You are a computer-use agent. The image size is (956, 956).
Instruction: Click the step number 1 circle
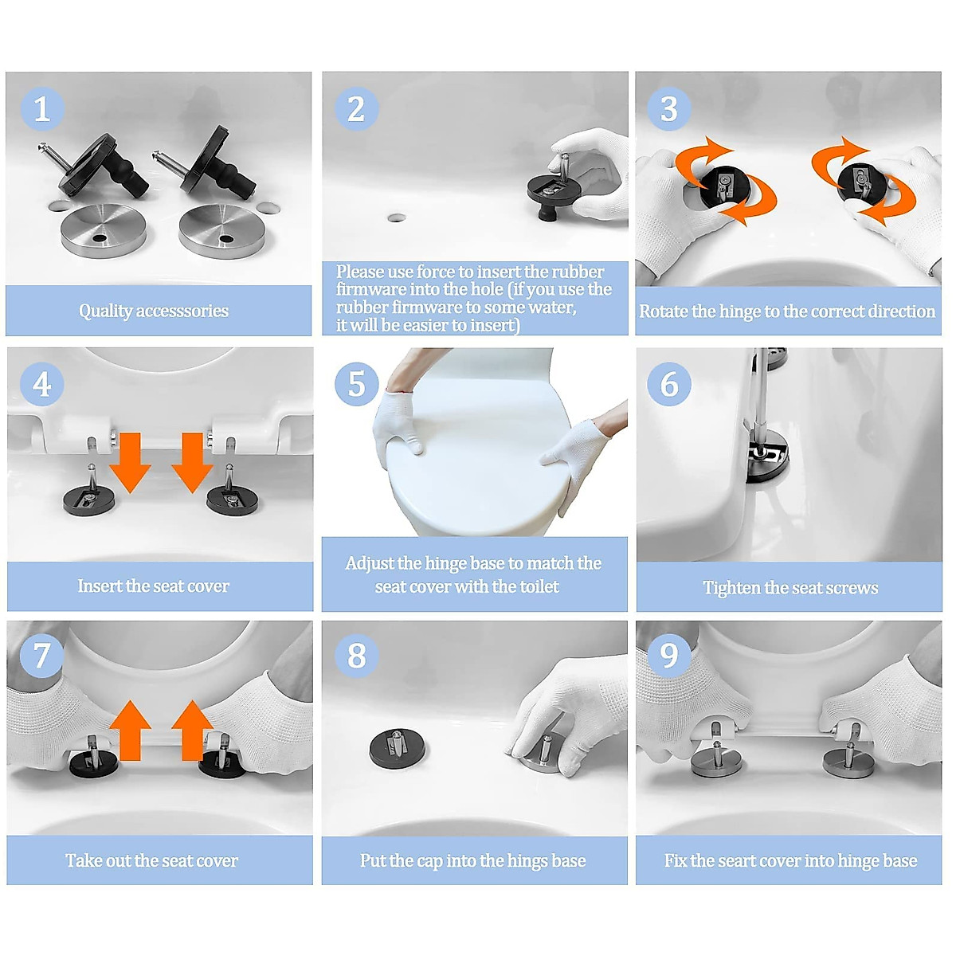pos(42,108)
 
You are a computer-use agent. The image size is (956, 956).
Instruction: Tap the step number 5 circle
pos(356,384)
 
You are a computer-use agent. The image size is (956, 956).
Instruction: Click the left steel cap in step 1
pos(103,230)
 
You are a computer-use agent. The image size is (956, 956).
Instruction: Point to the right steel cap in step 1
pos(221,231)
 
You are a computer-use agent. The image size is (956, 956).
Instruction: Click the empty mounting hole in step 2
pos(396,217)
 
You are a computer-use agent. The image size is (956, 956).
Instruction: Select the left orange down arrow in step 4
pos(130,462)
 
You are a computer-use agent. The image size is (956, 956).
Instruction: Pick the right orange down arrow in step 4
pos(193,462)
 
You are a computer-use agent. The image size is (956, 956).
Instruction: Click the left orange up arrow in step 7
pos(130,731)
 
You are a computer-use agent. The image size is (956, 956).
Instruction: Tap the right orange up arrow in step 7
pos(193,731)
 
